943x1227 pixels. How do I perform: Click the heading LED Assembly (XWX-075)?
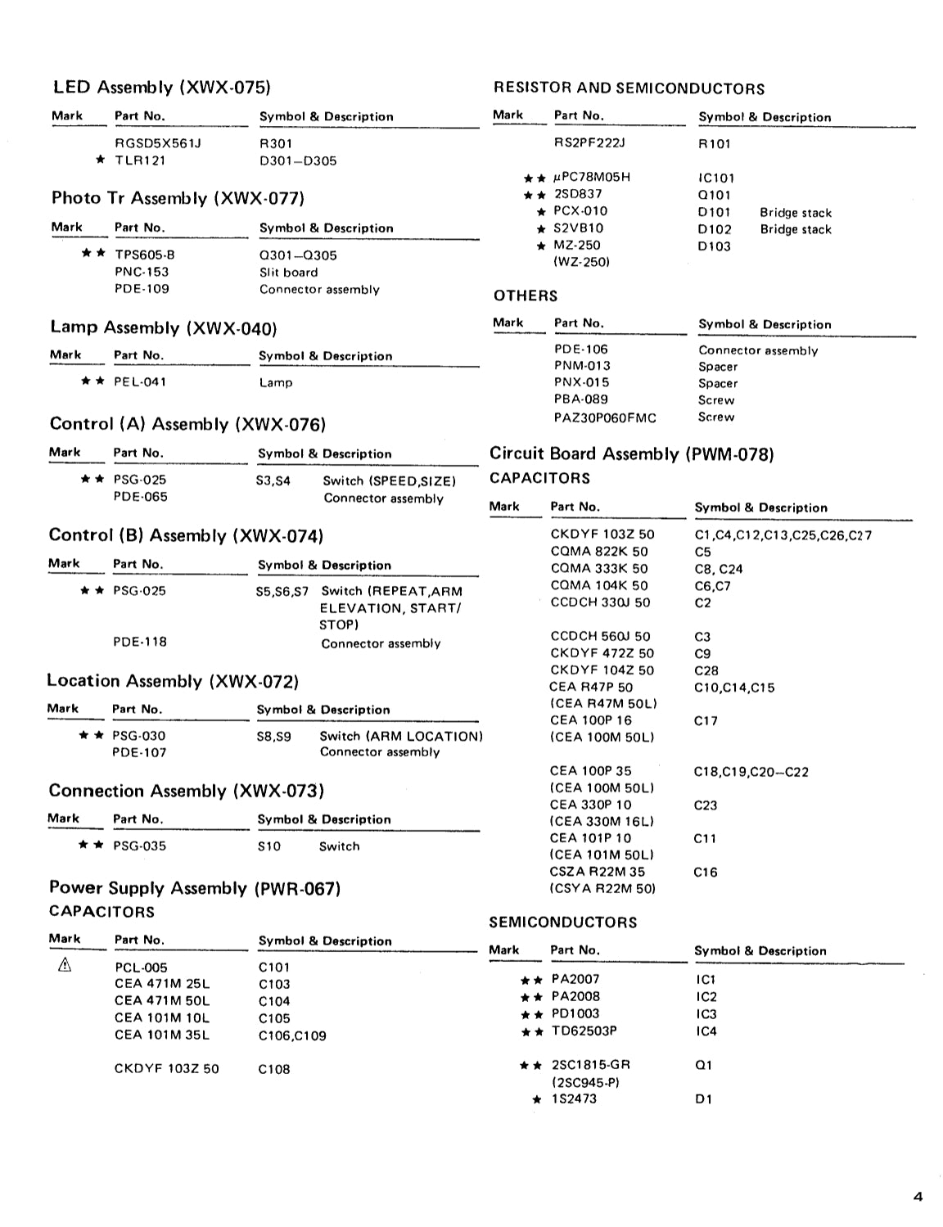[x=161, y=88]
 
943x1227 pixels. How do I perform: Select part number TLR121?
[x=140, y=160]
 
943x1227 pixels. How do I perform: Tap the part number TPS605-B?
[x=144, y=255]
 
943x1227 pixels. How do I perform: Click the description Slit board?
[x=288, y=273]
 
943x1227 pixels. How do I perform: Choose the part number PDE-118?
[x=139, y=642]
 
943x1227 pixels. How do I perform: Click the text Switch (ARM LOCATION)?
[x=400, y=736]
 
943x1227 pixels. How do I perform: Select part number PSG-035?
[x=139, y=846]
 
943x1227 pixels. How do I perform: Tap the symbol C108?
[x=273, y=1069]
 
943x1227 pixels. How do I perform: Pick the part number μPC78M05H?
[x=592, y=177]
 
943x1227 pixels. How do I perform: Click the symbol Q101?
[x=714, y=195]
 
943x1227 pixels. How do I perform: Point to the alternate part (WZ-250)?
[x=581, y=262]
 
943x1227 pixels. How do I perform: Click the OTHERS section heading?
[x=525, y=295]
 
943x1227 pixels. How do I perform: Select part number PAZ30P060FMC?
[x=605, y=417]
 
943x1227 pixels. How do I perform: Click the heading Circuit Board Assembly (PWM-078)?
[x=631, y=454]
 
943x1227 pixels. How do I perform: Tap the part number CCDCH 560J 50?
[x=600, y=636]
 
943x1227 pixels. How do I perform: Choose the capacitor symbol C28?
[x=706, y=670]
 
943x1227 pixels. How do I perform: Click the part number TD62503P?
[x=584, y=1031]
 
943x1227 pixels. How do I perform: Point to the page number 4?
[x=917, y=1197]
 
